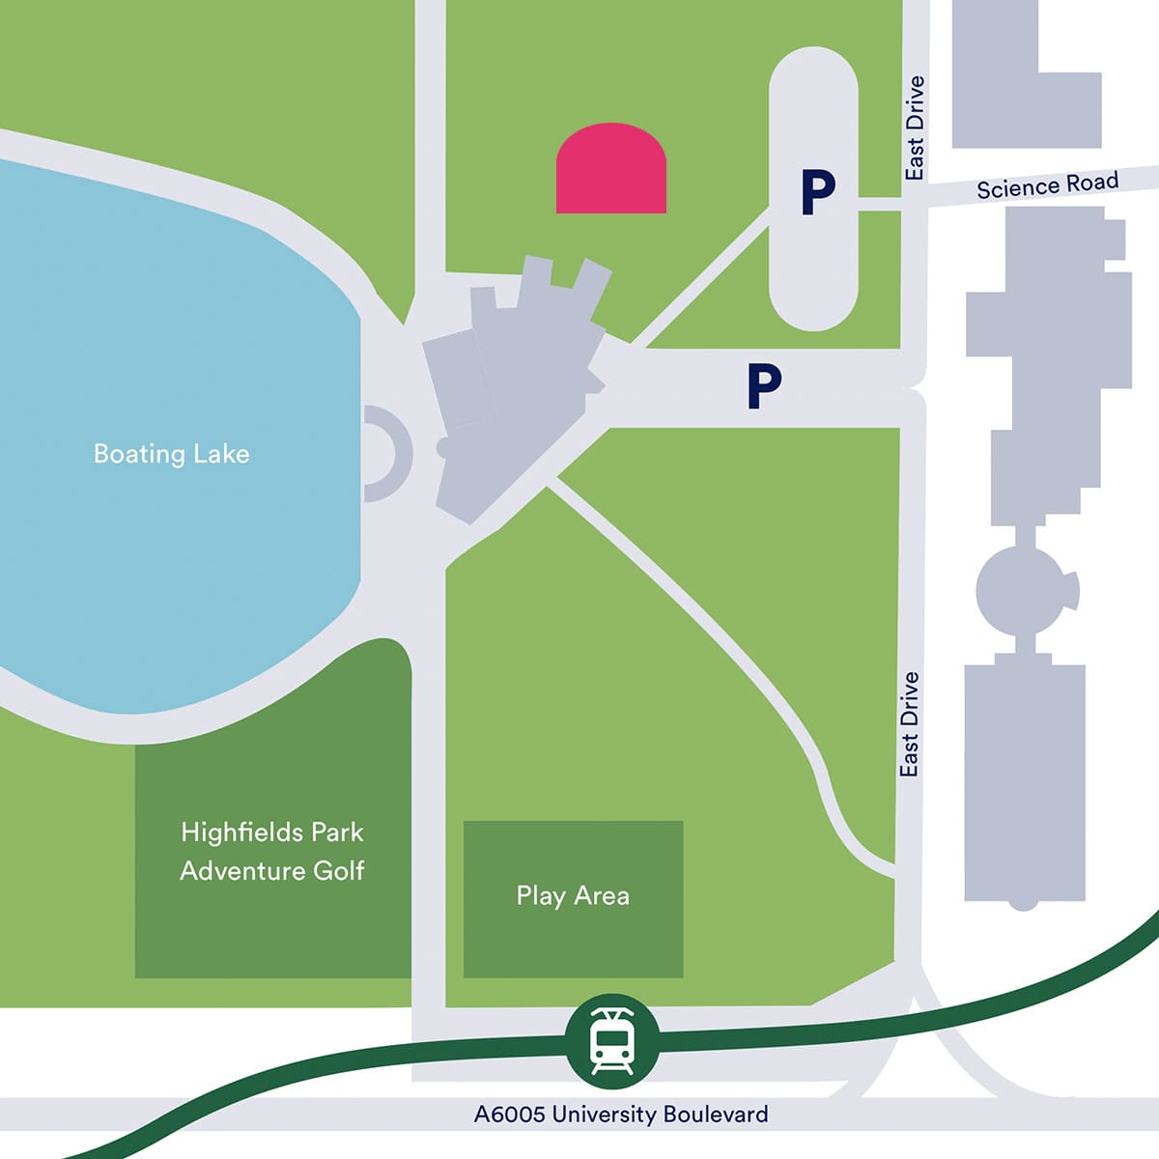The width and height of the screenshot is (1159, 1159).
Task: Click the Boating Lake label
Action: [171, 454]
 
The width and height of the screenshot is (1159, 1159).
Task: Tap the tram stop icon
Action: [611, 1040]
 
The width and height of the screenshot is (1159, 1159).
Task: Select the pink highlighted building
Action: [611, 171]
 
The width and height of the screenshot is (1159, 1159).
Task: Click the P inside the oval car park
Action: [817, 192]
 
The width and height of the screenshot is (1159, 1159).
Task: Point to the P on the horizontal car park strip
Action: [763, 386]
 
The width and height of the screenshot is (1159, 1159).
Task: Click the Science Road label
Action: [1047, 184]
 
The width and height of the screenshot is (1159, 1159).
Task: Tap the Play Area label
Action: [573, 896]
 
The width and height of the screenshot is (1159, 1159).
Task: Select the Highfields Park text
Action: [272, 832]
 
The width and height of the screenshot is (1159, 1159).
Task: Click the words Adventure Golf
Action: [272, 870]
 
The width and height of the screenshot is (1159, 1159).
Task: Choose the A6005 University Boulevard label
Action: [621, 1114]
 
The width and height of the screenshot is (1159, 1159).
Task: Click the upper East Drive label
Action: [915, 127]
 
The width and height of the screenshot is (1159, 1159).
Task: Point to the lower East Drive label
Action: [909, 724]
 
